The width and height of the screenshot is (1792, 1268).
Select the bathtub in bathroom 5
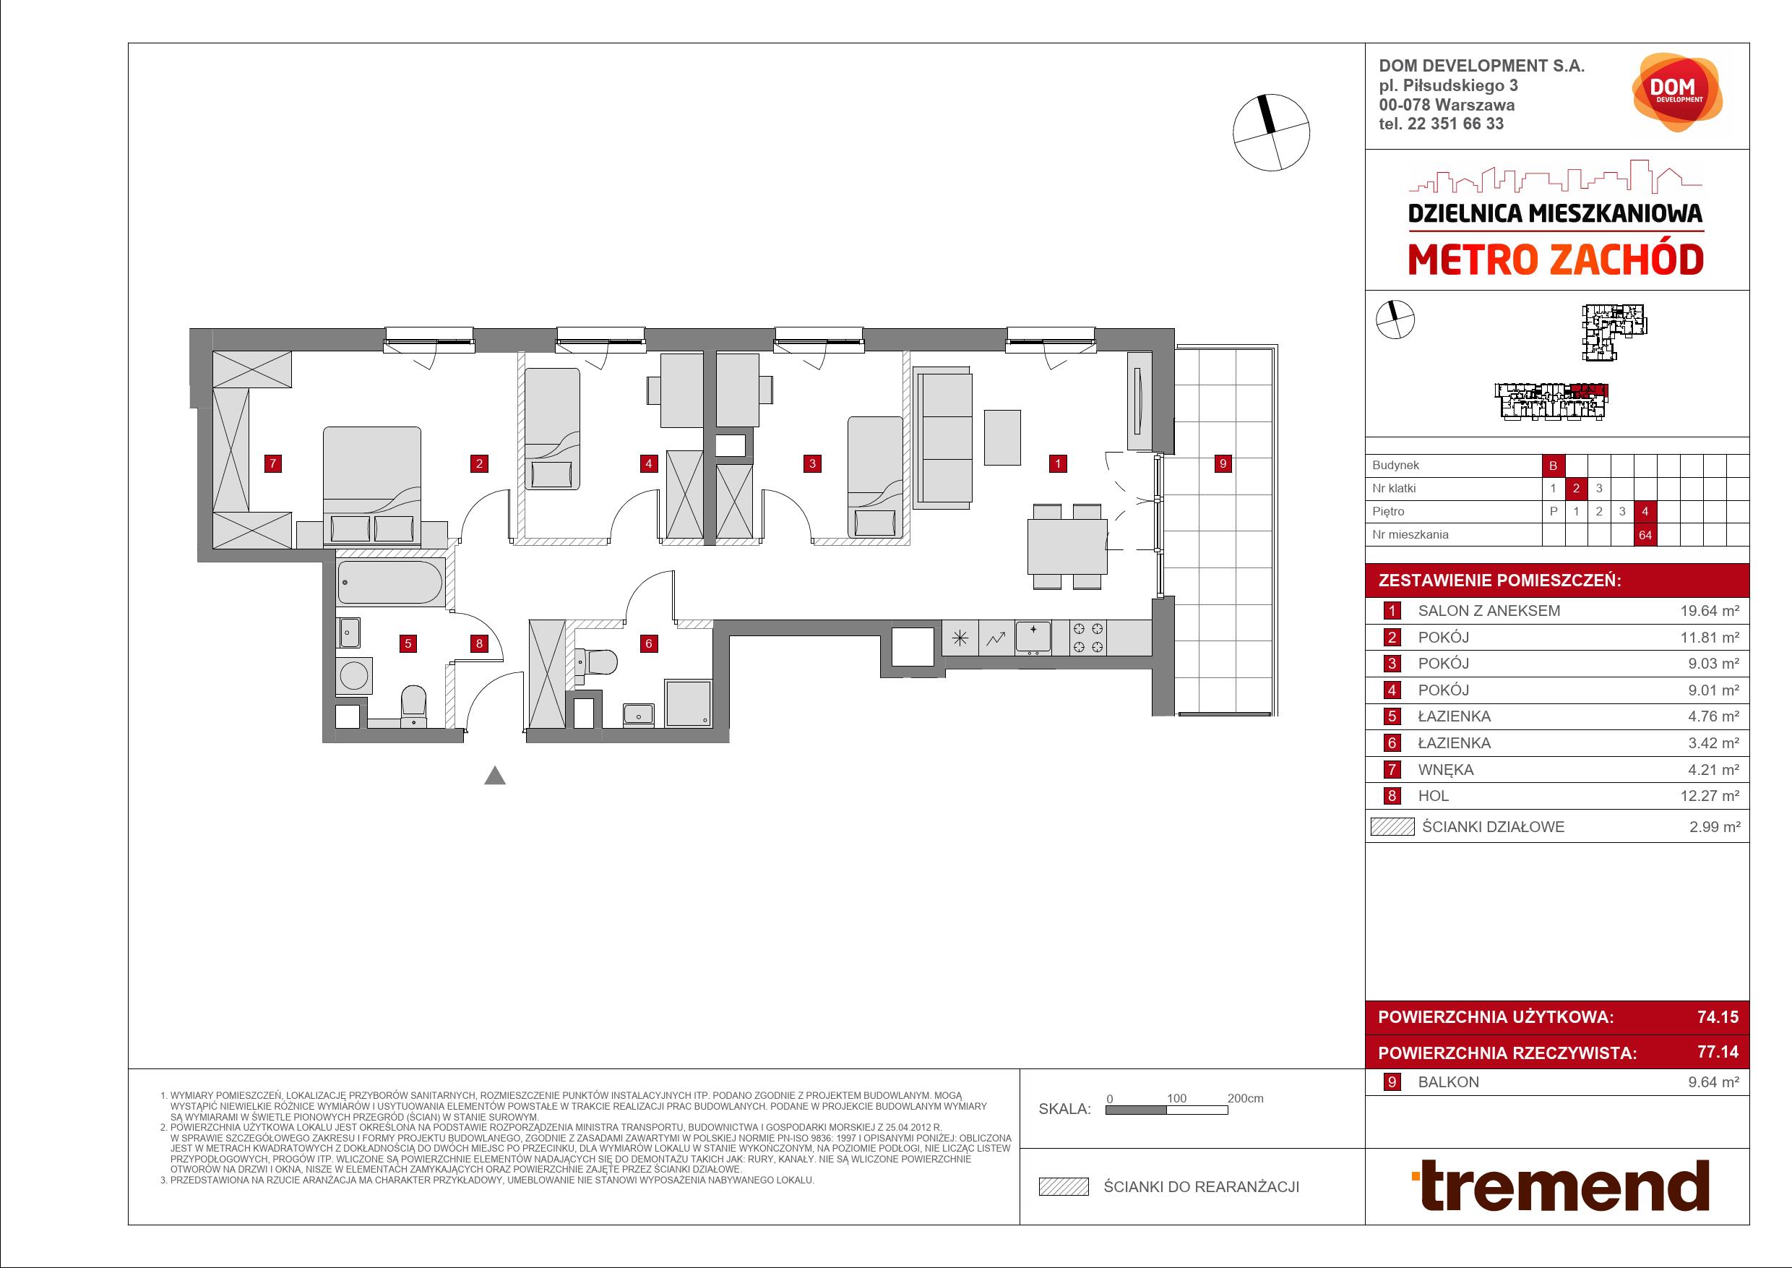point(390,582)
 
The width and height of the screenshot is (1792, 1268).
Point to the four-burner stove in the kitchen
point(1088,637)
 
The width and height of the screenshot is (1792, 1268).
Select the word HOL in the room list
point(1433,796)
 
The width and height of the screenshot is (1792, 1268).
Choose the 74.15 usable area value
point(1718,1016)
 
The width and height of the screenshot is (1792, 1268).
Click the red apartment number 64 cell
point(1645,536)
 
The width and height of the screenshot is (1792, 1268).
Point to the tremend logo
point(1560,1186)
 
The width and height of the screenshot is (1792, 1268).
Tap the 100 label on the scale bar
point(1176,1099)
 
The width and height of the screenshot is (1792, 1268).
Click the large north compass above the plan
point(1272,133)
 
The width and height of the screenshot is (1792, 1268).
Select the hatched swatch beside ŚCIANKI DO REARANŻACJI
point(1063,1187)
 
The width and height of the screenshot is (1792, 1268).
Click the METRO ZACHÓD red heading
point(1556,260)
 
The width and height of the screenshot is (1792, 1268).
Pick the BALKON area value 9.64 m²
point(1714,1082)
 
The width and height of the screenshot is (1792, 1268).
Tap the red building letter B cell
point(1553,466)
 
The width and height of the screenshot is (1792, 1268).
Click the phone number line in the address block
point(1442,124)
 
